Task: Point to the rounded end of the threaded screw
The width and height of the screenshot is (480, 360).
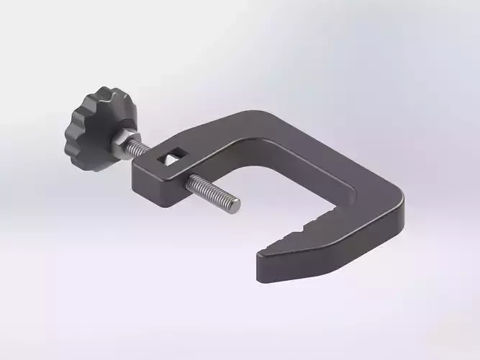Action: pyautogui.click(x=235, y=206)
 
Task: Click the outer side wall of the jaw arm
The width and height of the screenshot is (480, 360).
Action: pyautogui.click(x=345, y=245)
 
